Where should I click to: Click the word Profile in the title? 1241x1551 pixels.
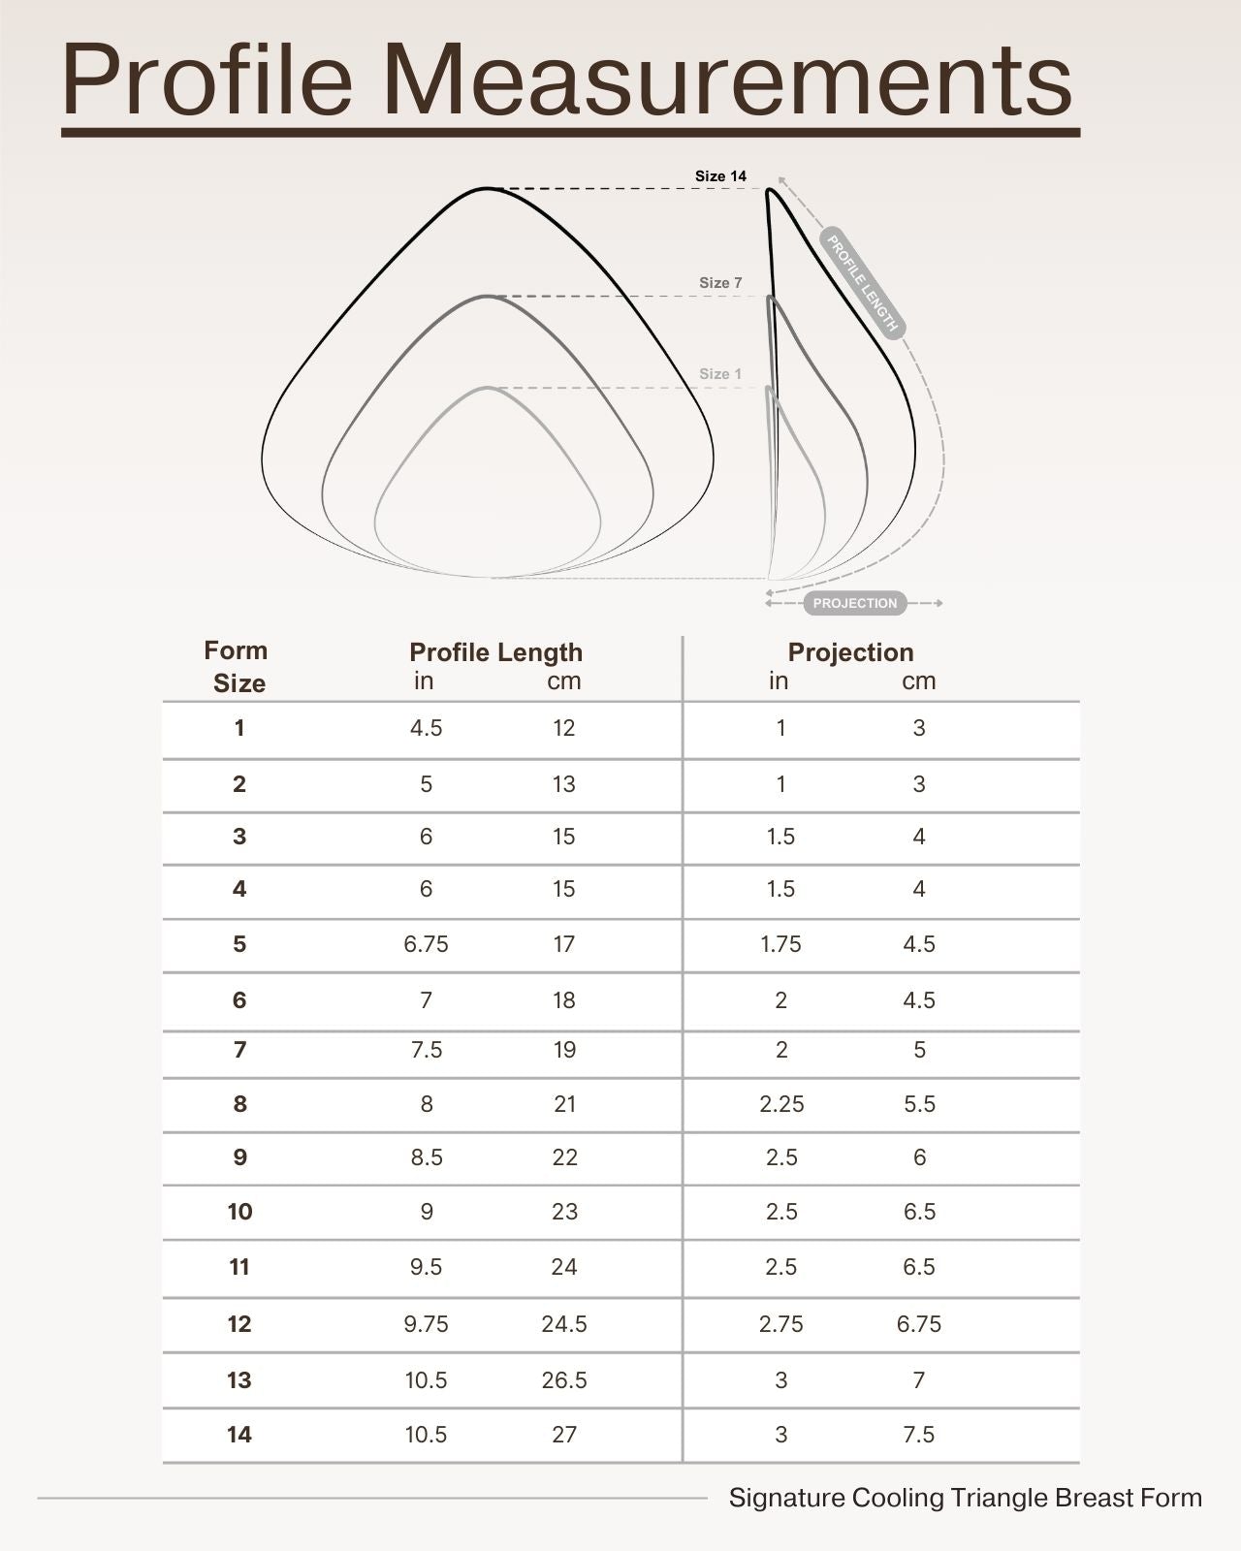[x=207, y=80]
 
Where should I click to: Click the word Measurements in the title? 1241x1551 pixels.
[x=727, y=80]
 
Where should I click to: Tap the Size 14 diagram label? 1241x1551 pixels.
[x=720, y=176]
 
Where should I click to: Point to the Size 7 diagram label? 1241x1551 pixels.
[x=720, y=283]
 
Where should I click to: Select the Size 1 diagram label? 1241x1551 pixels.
[x=720, y=374]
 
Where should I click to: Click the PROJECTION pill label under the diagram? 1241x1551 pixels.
[x=855, y=603]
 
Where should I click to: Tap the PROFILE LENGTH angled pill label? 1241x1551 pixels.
[x=862, y=282]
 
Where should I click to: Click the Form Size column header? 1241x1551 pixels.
[x=238, y=667]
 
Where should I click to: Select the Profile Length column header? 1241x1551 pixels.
[x=495, y=652]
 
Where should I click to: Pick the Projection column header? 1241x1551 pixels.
[x=850, y=652]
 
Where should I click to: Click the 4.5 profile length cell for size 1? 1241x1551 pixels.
[x=426, y=728]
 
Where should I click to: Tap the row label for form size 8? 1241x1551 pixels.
[x=239, y=1104]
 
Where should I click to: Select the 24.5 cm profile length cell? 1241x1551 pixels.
[x=564, y=1324]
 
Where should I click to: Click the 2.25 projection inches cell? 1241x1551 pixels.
[x=781, y=1104]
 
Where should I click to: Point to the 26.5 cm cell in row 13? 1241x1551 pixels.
[x=564, y=1380]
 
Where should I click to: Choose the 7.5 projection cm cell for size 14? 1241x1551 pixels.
[x=919, y=1435]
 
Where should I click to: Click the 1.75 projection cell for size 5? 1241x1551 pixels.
[x=780, y=944]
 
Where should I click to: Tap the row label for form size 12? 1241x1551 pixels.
[x=239, y=1324]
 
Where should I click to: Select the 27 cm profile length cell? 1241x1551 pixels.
[x=564, y=1435]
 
